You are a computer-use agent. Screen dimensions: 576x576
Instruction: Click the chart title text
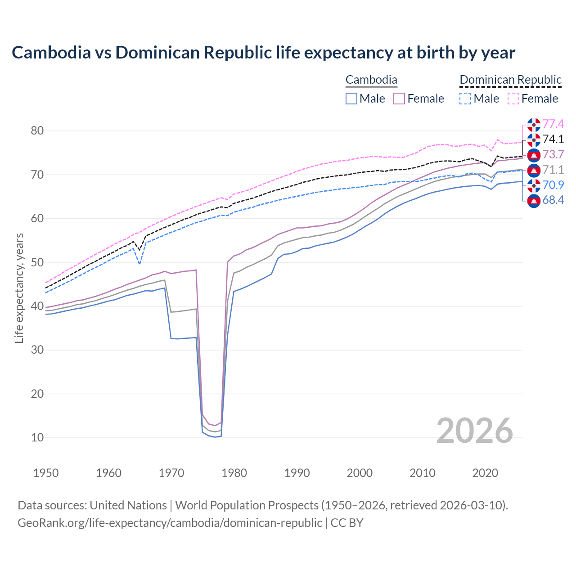coord(263,53)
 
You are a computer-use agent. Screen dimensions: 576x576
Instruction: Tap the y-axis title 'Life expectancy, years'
coord(19,288)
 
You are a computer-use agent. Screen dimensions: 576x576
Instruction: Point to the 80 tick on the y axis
coord(37,131)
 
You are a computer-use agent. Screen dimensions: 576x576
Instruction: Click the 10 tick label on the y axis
coord(37,437)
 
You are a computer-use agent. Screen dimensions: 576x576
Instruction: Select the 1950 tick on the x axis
coord(46,473)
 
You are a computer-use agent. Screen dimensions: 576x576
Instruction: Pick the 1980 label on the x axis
coord(234,473)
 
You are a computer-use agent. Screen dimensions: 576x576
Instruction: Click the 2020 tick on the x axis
coord(485,473)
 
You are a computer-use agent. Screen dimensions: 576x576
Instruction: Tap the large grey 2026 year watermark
coord(475,431)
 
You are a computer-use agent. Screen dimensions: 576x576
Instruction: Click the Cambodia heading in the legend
coord(371,80)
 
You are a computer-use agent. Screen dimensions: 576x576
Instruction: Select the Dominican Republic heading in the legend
coord(510,80)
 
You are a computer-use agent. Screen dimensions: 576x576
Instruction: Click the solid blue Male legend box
coord(351,99)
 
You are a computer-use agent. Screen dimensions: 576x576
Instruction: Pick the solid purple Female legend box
coord(399,99)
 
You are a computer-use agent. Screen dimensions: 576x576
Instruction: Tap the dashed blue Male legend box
coord(465,99)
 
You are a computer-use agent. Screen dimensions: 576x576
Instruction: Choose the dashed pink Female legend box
coord(513,99)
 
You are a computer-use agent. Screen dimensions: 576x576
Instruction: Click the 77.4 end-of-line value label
coord(553,124)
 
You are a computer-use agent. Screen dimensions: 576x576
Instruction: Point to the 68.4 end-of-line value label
coord(553,200)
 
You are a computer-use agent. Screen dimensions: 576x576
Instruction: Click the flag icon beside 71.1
coord(534,170)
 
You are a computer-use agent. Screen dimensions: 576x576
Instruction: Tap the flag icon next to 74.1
coord(534,139)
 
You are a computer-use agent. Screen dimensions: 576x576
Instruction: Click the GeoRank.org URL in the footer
coord(170,523)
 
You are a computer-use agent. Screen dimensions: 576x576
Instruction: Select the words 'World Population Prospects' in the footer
coord(247,505)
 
